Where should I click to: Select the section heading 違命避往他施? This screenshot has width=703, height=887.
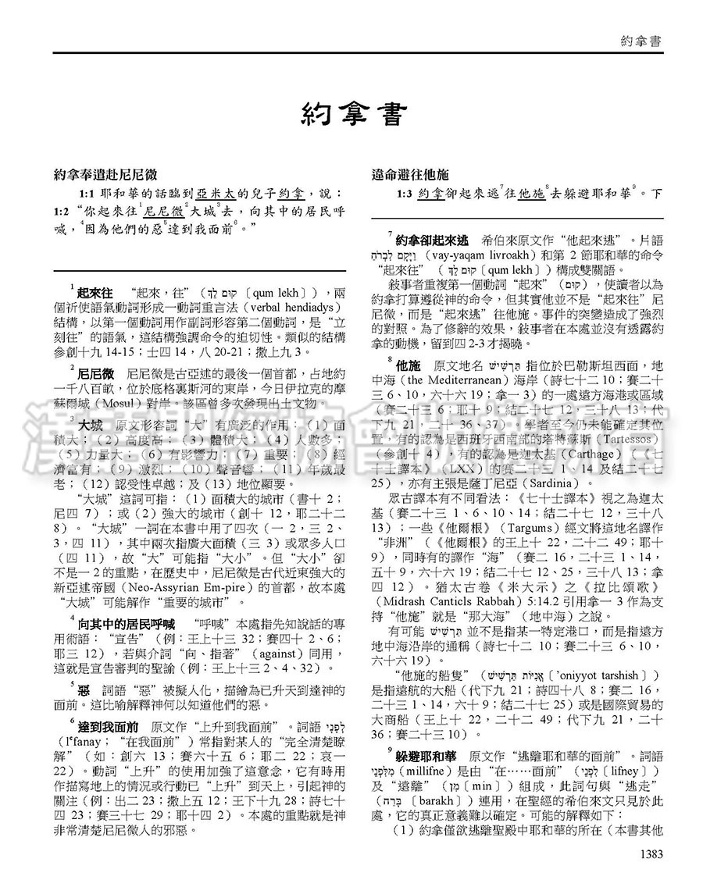410,175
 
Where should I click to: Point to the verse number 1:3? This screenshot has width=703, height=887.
405,193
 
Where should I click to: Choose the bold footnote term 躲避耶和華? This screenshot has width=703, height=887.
428,758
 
